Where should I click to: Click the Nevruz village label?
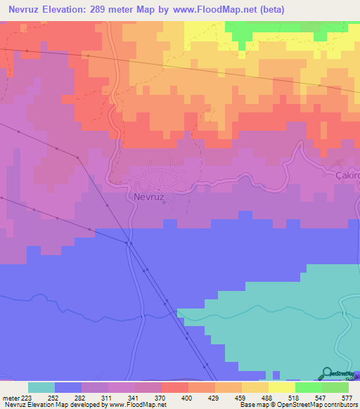pyautogui.click(x=148, y=197)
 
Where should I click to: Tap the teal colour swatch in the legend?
pyautogui.click(x=41, y=387)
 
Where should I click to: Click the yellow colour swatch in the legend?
pyautogui.click(x=282, y=387)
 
